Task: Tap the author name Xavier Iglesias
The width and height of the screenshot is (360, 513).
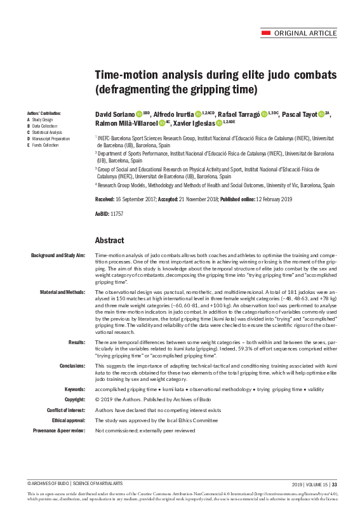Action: click(194, 123)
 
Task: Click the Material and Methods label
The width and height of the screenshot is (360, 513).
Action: click(63, 292)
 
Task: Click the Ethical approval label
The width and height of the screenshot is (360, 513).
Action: click(68, 420)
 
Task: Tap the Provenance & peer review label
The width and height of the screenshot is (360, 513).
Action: click(58, 431)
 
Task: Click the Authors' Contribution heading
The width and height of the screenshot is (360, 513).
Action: click(39, 112)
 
